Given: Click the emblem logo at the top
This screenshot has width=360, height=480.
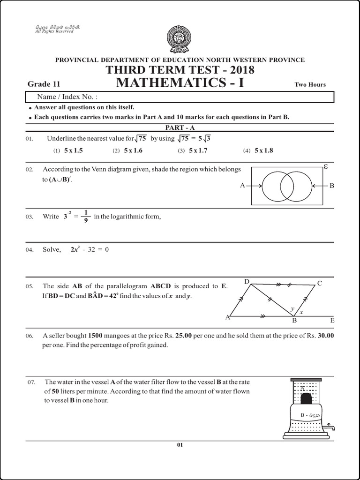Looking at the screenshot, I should (180, 40).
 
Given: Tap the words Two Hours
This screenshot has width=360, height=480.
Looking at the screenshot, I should (310, 85).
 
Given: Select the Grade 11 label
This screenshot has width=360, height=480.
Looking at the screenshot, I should (44, 84).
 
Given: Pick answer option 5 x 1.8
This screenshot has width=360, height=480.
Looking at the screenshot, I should (263, 150).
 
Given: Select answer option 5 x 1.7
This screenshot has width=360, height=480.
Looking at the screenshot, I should (198, 150).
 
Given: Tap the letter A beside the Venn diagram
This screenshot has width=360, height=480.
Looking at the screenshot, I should (242, 186).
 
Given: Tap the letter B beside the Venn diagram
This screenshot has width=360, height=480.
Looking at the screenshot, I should (332, 186).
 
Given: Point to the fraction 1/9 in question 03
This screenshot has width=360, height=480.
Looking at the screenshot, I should (86, 216).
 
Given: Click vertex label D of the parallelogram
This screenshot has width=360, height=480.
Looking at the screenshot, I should (247, 281).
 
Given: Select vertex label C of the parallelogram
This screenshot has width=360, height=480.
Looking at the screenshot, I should (320, 283).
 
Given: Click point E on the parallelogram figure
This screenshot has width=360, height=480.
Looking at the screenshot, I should (332, 321).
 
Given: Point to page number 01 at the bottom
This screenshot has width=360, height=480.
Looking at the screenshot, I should (180, 445).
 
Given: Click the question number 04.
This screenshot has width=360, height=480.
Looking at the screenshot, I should (30, 250).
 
